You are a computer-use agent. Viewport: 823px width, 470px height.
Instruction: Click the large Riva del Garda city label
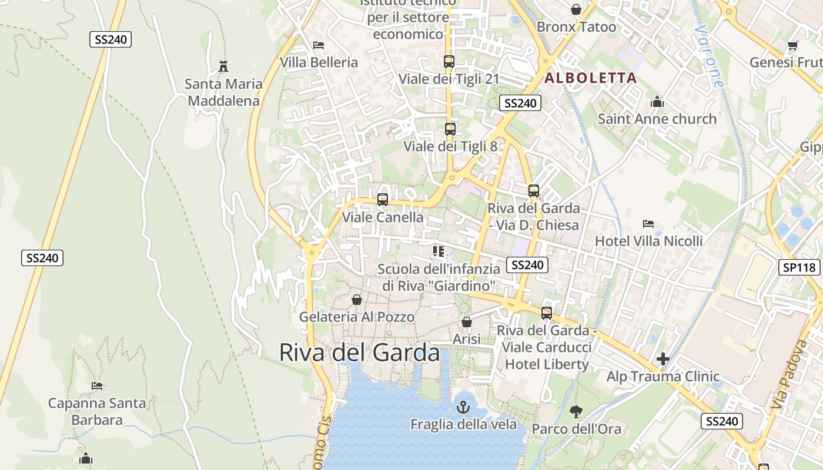pyautogui.click(x=359, y=352)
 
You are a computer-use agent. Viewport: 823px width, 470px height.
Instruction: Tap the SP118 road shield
pyautogui.click(x=799, y=268)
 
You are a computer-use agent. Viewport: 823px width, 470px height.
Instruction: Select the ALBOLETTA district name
pyautogui.click(x=590, y=78)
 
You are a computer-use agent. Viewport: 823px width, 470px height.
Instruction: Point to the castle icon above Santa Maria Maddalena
pyautogui.click(x=223, y=66)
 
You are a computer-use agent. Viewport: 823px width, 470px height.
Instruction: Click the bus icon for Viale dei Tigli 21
pyautogui.click(x=449, y=61)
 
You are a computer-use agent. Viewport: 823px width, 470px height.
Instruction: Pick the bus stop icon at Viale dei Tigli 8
pyautogui.click(x=450, y=129)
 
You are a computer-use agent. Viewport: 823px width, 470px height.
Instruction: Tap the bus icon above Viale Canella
pyautogui.click(x=383, y=200)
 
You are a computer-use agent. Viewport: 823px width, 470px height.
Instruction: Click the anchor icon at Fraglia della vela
pyautogui.click(x=464, y=407)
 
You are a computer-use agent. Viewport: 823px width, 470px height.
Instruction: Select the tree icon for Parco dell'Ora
pyautogui.click(x=576, y=411)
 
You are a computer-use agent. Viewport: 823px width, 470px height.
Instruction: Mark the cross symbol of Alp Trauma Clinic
pyautogui.click(x=663, y=359)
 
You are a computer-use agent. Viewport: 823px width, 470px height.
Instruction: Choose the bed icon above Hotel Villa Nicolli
pyautogui.click(x=648, y=224)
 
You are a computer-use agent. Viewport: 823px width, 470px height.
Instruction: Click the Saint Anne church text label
pyautogui.click(x=657, y=119)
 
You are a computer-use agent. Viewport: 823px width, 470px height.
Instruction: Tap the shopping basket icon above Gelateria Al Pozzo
pyautogui.click(x=357, y=300)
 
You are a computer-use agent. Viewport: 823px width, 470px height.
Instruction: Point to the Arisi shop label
pyautogui.click(x=467, y=339)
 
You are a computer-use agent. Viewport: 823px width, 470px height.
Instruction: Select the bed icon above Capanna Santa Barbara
pyautogui.click(x=97, y=386)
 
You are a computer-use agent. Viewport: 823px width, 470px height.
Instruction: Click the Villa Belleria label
pyautogui.click(x=319, y=62)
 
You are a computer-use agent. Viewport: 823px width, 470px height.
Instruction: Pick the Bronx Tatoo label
pyautogui.click(x=576, y=27)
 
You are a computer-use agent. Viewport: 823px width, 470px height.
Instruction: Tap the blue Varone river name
pyautogui.click(x=708, y=56)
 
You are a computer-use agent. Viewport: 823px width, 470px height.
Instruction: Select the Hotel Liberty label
pyautogui.click(x=547, y=364)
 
